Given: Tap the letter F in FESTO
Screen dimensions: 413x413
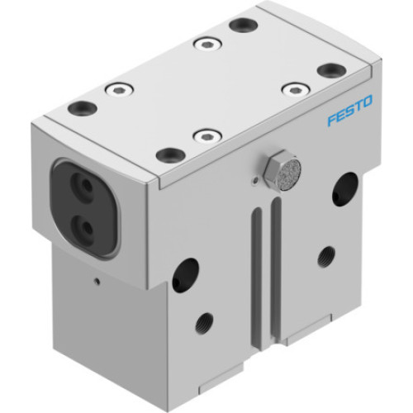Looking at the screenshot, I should [x=330, y=121].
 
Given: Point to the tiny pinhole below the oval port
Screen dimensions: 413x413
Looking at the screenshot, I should [x=97, y=282].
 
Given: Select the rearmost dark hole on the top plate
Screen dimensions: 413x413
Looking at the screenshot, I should [x=242, y=25].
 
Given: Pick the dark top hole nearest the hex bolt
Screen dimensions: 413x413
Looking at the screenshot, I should [x=170, y=154].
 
